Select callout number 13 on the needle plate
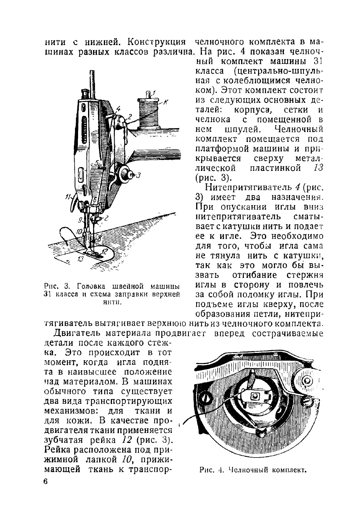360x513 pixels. (x=80, y=259)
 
